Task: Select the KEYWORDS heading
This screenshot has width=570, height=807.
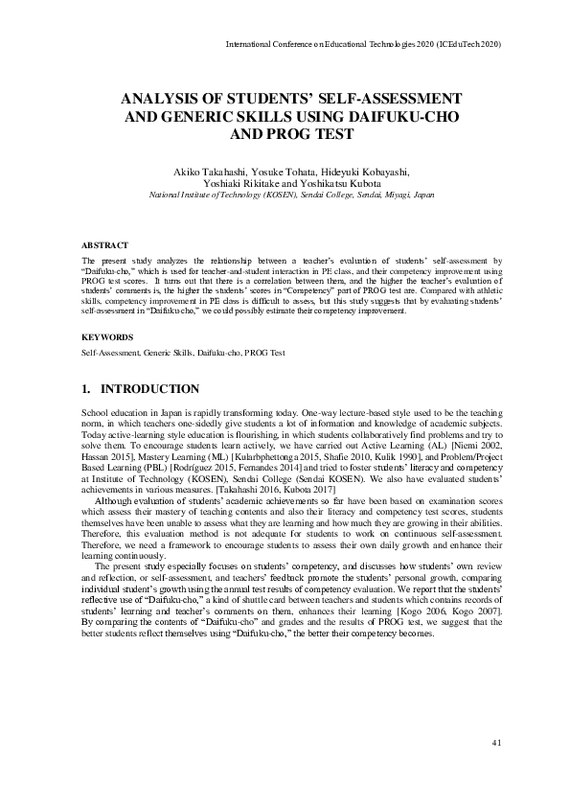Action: pyautogui.click(x=103, y=337)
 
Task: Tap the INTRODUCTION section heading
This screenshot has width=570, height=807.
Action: pyautogui.click(x=149, y=389)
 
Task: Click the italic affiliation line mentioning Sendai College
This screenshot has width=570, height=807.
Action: pyautogui.click(x=290, y=194)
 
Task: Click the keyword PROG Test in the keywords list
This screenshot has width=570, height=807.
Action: pyautogui.click(x=265, y=354)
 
